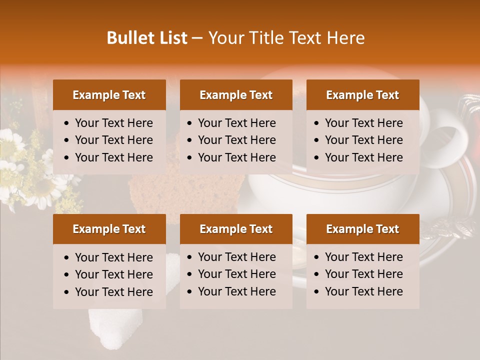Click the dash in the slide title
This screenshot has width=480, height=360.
197,38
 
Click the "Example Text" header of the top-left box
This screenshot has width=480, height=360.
109,95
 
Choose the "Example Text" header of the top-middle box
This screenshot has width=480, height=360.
236,95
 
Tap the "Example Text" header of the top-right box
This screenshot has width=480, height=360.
362,95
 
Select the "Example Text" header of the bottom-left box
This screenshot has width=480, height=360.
109,229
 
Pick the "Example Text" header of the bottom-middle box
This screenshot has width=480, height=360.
236,229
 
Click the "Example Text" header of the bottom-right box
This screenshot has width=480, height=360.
362,229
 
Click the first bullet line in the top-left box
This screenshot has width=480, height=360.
113,123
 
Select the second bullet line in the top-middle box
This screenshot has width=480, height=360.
236,140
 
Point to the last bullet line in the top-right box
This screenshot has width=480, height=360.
363,157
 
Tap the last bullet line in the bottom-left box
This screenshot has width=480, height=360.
113,292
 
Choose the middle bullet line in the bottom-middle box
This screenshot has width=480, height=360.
236,274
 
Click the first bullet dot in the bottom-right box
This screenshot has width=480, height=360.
316,257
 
